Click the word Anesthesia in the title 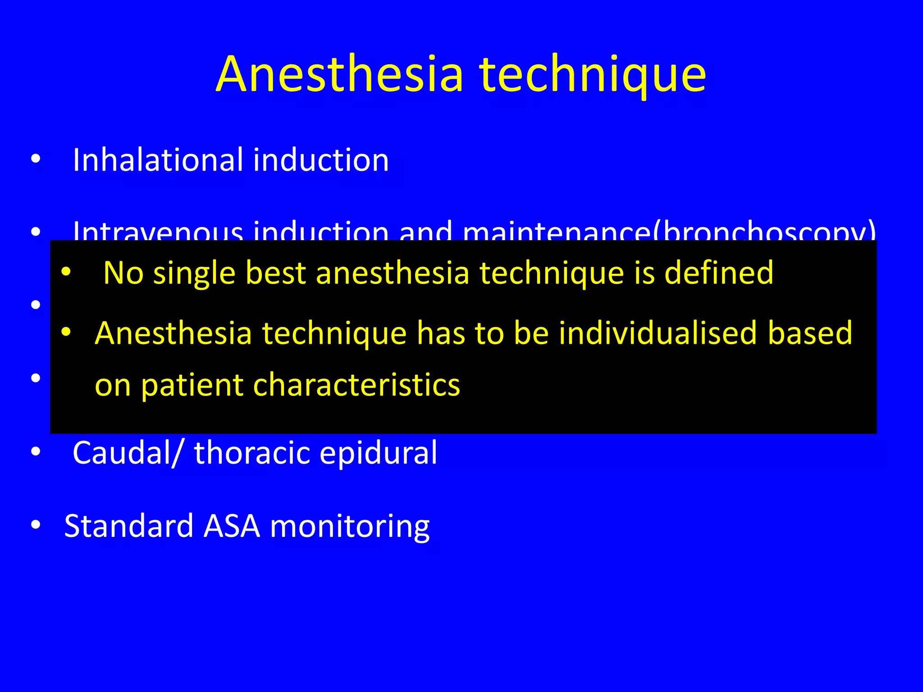coord(339,74)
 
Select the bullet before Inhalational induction coord(36,159)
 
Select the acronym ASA coord(232,526)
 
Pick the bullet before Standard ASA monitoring coord(36,525)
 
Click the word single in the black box coord(194,274)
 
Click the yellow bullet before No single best coord(66,272)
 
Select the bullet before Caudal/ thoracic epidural coord(36,452)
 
